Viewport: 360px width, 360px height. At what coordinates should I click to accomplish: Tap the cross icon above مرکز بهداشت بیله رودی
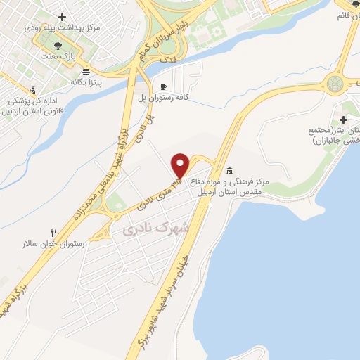pos(63,17)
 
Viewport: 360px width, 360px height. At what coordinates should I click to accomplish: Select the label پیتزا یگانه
pos(86,82)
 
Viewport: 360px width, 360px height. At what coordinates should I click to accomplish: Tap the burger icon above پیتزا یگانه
pos(86,72)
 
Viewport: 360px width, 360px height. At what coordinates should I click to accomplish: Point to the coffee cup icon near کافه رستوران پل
pos(164,86)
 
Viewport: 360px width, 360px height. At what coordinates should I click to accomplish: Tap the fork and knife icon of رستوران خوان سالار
pos(53,233)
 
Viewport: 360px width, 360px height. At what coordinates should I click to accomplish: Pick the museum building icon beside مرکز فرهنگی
pos(230,172)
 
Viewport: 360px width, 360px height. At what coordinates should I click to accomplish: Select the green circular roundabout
pos(338,84)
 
